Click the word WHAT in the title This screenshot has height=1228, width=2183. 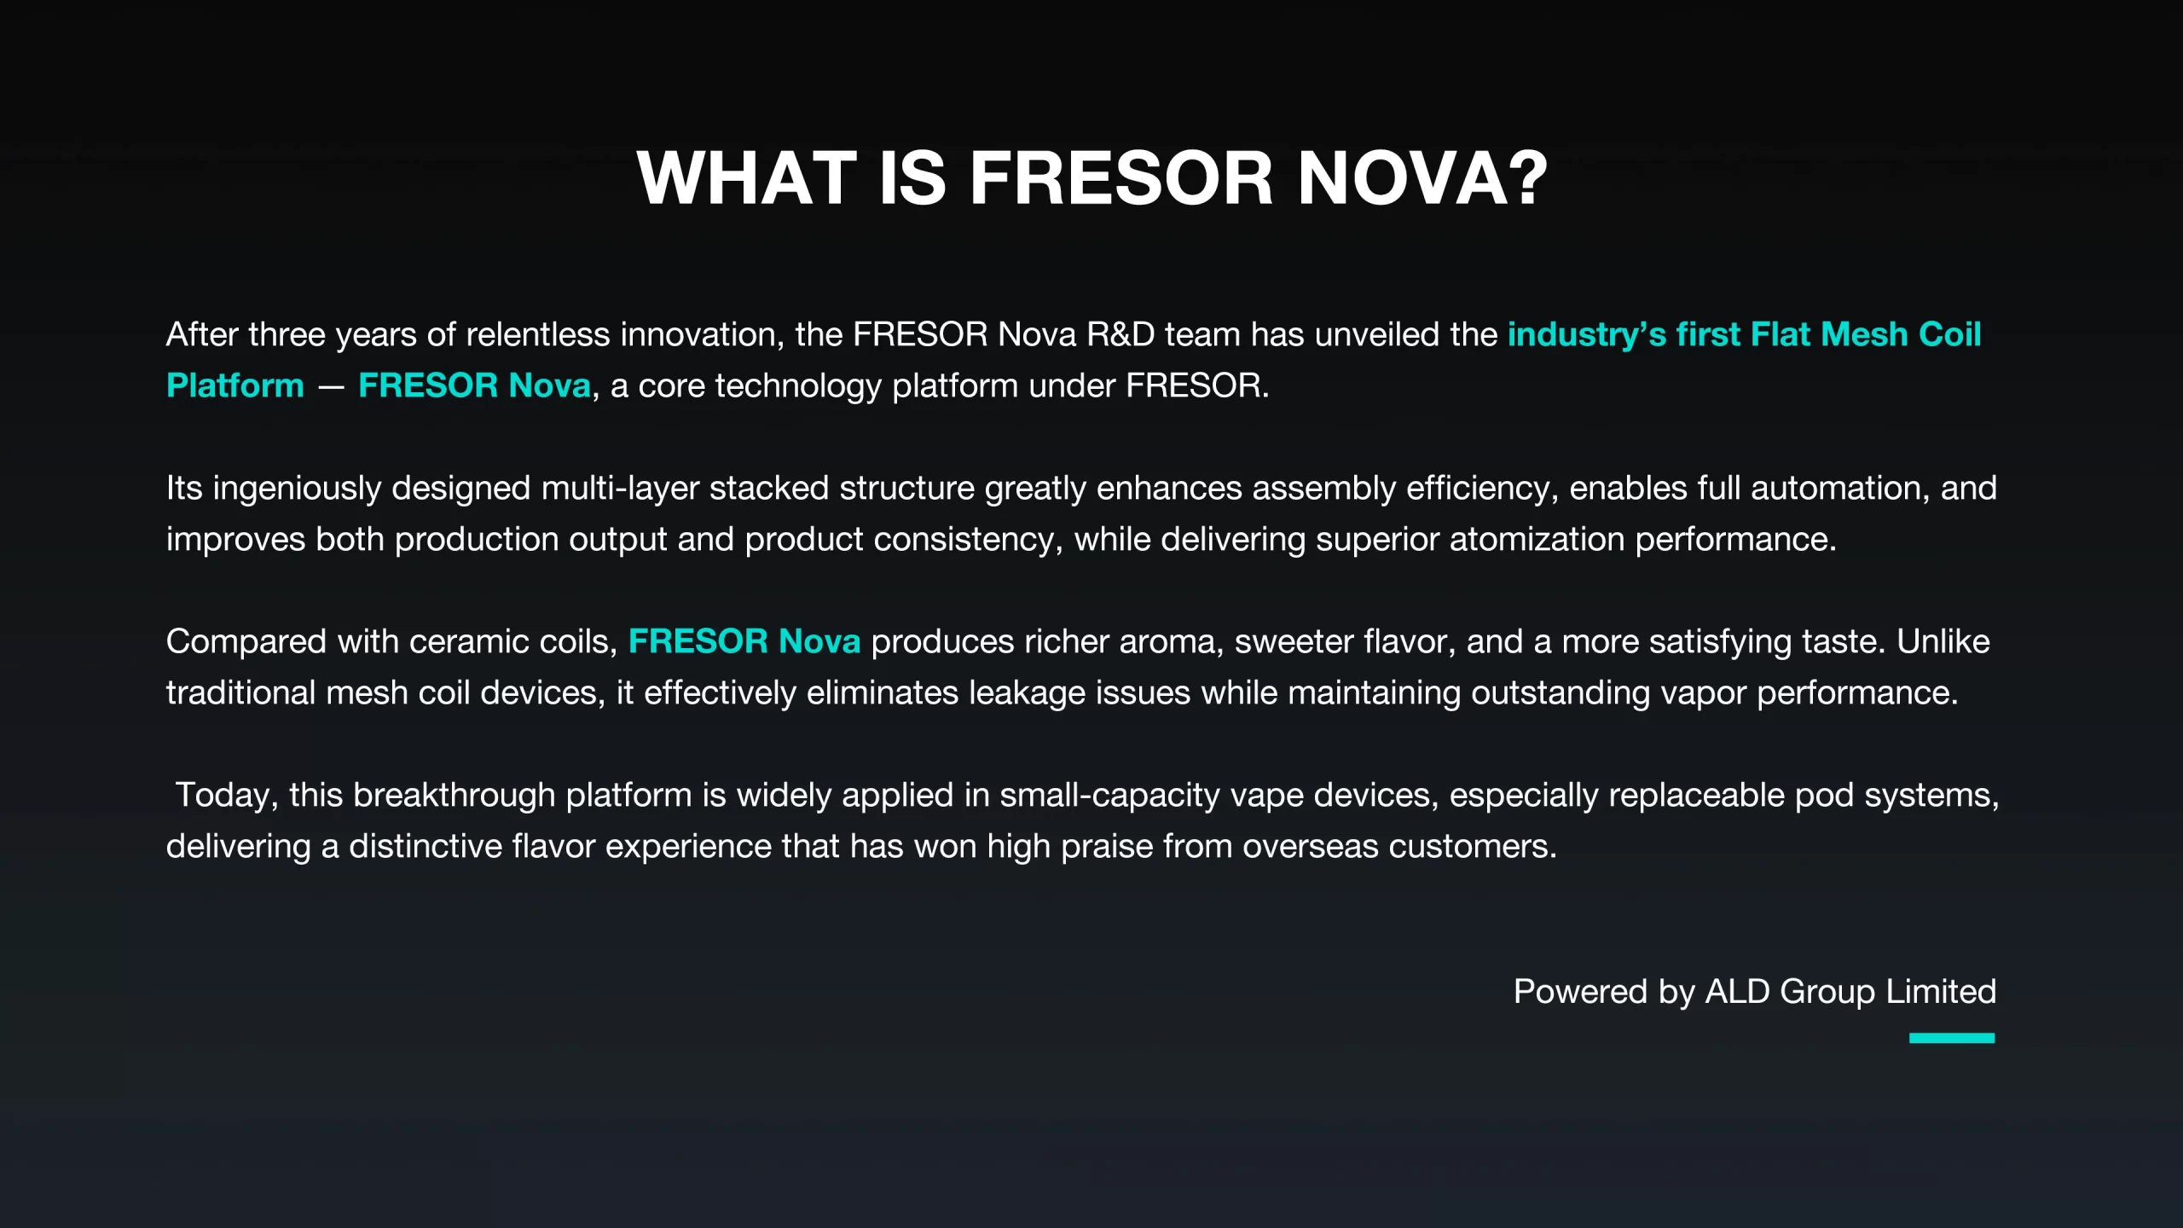[x=747, y=178]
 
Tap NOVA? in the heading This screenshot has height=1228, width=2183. [x=1422, y=178]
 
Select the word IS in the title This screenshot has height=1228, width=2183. [x=913, y=178]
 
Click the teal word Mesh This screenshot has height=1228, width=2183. [x=1864, y=334]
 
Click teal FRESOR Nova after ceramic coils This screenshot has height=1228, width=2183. [x=744, y=641]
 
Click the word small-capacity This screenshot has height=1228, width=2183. [x=1109, y=796]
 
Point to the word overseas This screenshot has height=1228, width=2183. [x=1311, y=846]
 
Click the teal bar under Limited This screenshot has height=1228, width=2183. [x=1952, y=1038]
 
